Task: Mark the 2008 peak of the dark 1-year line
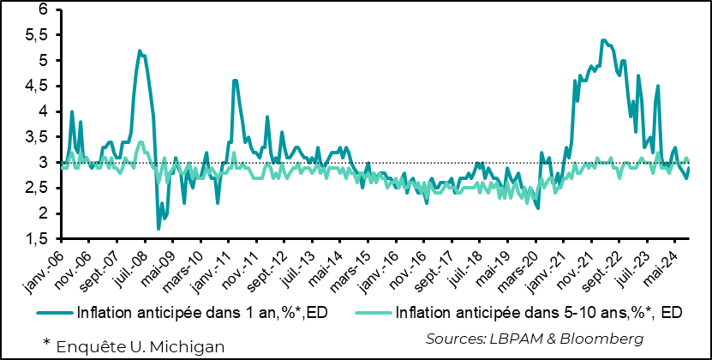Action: pos(140,51)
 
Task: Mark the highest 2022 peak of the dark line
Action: pos(604,39)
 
